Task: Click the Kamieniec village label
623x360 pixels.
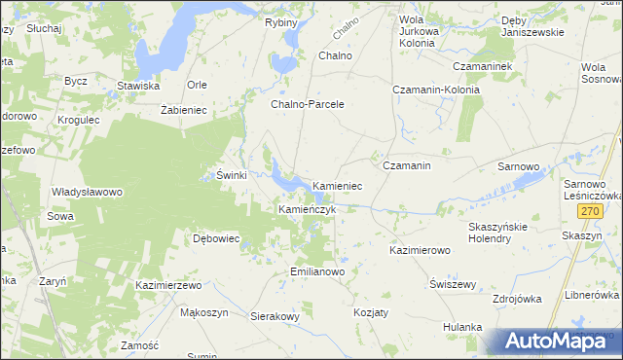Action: (x=338, y=185)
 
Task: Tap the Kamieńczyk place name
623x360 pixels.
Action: (x=308, y=209)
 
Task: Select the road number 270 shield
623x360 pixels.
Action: (x=588, y=211)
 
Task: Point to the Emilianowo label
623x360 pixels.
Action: (x=318, y=271)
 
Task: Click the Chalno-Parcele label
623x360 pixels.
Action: (x=308, y=103)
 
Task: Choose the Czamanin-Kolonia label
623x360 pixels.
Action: (x=431, y=90)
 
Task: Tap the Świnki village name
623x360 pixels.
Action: (x=231, y=176)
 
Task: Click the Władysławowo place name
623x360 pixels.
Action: (x=87, y=193)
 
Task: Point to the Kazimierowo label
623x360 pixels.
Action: (x=420, y=250)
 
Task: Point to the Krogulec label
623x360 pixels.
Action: (x=79, y=120)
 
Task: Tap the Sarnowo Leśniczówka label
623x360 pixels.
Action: (x=592, y=189)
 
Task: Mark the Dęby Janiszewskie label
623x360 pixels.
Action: (x=532, y=26)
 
